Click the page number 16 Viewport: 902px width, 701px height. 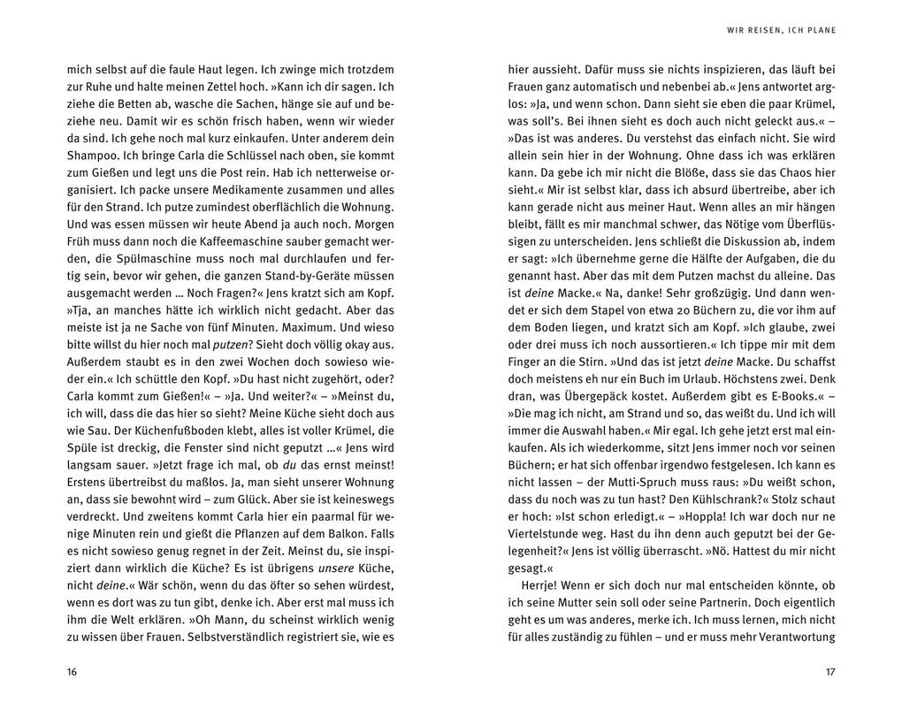[x=72, y=672]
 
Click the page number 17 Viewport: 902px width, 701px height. [x=829, y=672]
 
